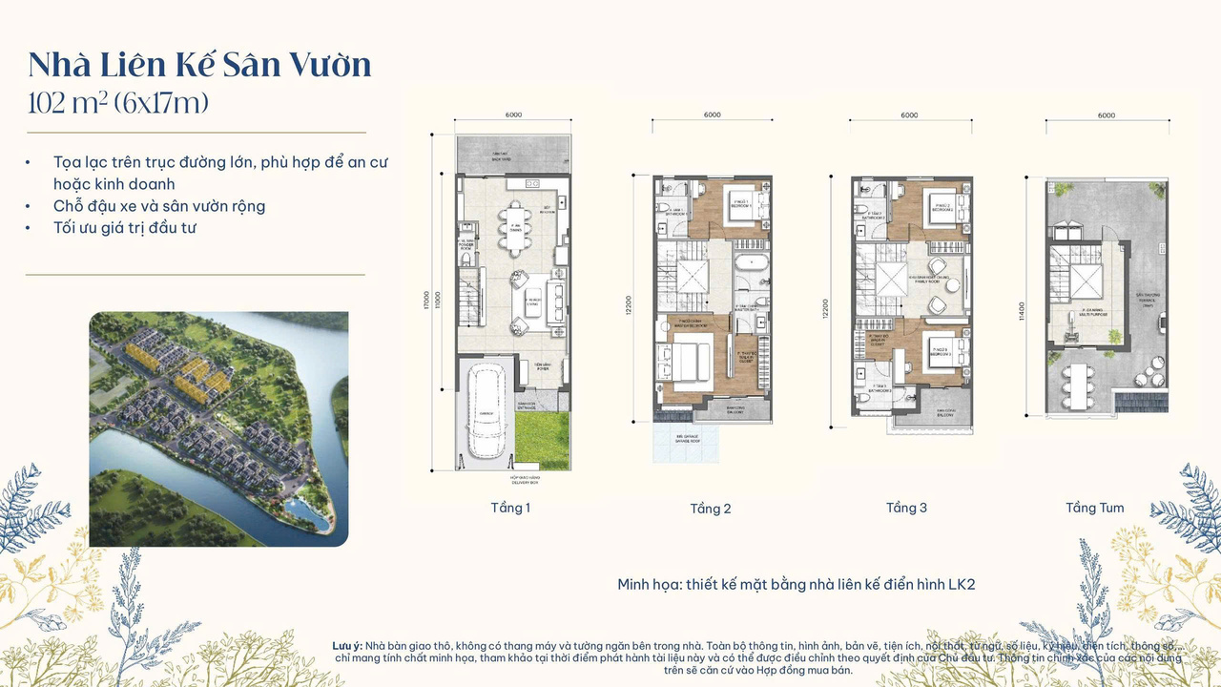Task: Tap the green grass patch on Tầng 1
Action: (542, 434)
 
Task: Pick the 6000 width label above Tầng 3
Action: (909, 115)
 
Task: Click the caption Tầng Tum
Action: (1094, 508)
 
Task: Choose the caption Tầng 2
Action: (711, 509)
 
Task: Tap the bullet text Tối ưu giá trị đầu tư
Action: (125, 228)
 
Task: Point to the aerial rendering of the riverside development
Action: (218, 428)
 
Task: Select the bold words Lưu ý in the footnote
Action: (346, 647)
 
